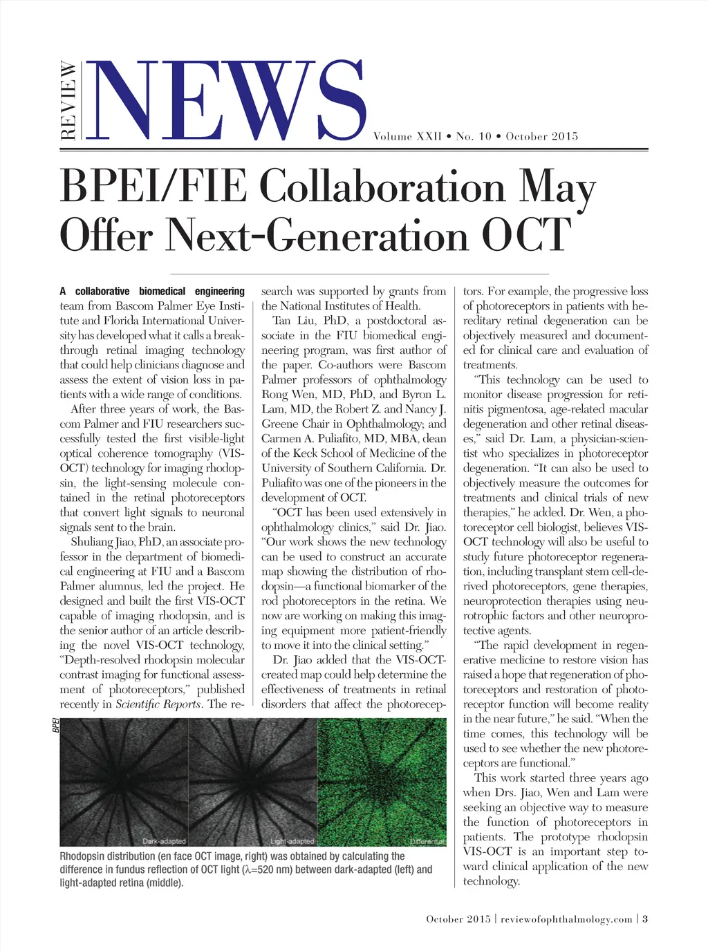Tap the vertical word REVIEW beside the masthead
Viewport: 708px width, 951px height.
tap(68, 101)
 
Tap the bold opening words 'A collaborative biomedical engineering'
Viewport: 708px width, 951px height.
tap(152, 292)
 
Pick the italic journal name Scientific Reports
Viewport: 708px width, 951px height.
tap(158, 704)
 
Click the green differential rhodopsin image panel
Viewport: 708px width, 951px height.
tap(382, 781)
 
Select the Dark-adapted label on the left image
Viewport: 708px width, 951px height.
tap(164, 841)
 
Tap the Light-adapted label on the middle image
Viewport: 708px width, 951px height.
tap(292, 841)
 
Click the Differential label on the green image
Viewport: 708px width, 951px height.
tap(427, 841)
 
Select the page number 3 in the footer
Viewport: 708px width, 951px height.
tap(645, 919)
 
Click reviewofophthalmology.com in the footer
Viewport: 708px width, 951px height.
tap(566, 919)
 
